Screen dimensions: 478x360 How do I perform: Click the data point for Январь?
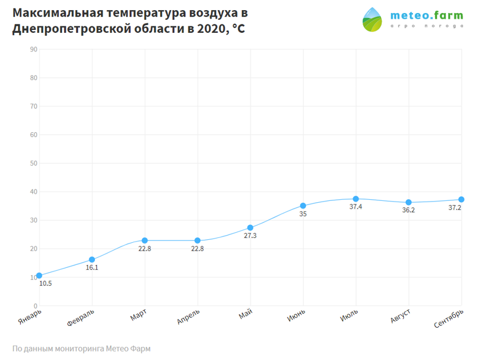39,276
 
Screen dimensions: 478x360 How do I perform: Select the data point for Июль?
356,199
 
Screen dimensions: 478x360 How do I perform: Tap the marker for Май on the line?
250,228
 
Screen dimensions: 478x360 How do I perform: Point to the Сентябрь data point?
461,199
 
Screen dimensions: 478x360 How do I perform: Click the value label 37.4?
356,206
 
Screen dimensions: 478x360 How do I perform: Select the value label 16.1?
92,267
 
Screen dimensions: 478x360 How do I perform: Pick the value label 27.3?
250,236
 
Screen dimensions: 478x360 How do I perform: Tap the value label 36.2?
408,210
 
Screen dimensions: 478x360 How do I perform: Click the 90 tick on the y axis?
33,50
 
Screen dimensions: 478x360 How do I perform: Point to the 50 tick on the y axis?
33,163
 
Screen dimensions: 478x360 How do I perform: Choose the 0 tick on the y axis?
35,306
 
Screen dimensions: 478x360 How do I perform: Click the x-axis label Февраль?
81,318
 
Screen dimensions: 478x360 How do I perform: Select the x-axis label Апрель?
188,316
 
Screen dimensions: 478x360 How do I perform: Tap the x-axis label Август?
400,316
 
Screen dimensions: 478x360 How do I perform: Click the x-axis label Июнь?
296,315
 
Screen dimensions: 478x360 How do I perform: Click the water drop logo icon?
372,20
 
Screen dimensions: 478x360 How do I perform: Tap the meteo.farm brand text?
427,16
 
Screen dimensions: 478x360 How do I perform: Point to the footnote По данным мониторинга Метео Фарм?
81,349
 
